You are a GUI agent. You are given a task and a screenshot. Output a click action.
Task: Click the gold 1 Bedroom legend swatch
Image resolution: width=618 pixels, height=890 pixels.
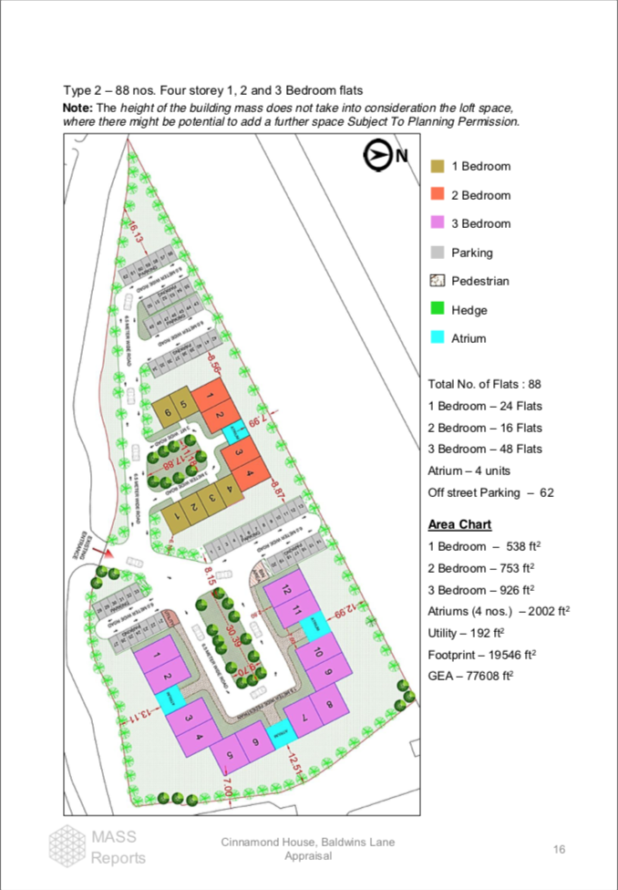[437, 166]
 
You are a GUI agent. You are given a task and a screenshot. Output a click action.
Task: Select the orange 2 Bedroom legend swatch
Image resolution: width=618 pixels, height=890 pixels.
[437, 194]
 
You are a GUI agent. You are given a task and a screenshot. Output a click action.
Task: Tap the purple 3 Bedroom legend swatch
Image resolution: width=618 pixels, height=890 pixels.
[437, 223]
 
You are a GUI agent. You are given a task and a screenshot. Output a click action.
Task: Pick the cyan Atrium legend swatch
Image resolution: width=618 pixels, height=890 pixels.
[437, 338]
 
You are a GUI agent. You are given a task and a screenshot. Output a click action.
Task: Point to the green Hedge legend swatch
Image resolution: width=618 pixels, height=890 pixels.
[437, 310]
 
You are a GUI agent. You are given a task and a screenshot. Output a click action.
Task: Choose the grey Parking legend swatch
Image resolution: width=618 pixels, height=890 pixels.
[437, 253]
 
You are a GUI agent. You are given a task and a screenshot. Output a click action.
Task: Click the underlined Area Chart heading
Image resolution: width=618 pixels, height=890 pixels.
[459, 524]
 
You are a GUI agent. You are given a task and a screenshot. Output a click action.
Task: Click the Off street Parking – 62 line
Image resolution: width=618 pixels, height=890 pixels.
[491, 492]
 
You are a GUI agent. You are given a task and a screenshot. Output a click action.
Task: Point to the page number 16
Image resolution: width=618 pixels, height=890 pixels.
[559, 850]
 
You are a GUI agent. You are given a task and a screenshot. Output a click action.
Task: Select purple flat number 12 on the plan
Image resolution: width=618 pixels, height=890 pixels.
[285, 589]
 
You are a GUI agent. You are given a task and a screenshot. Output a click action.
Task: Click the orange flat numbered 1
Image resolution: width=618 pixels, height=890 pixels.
[209, 395]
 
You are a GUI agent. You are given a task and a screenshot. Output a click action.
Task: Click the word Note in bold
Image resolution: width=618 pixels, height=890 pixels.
[77, 108]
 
